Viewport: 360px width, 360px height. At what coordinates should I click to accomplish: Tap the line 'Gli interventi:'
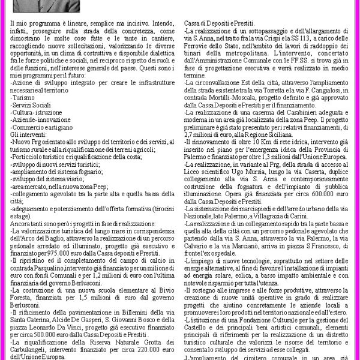point(28,134)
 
